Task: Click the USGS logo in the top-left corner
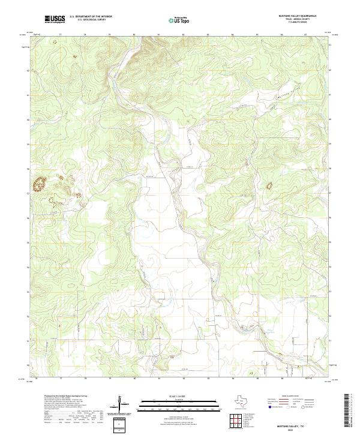tap(55, 20)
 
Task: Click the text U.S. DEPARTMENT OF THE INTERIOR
tap(91, 17)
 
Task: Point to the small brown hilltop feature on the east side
tap(268, 186)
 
